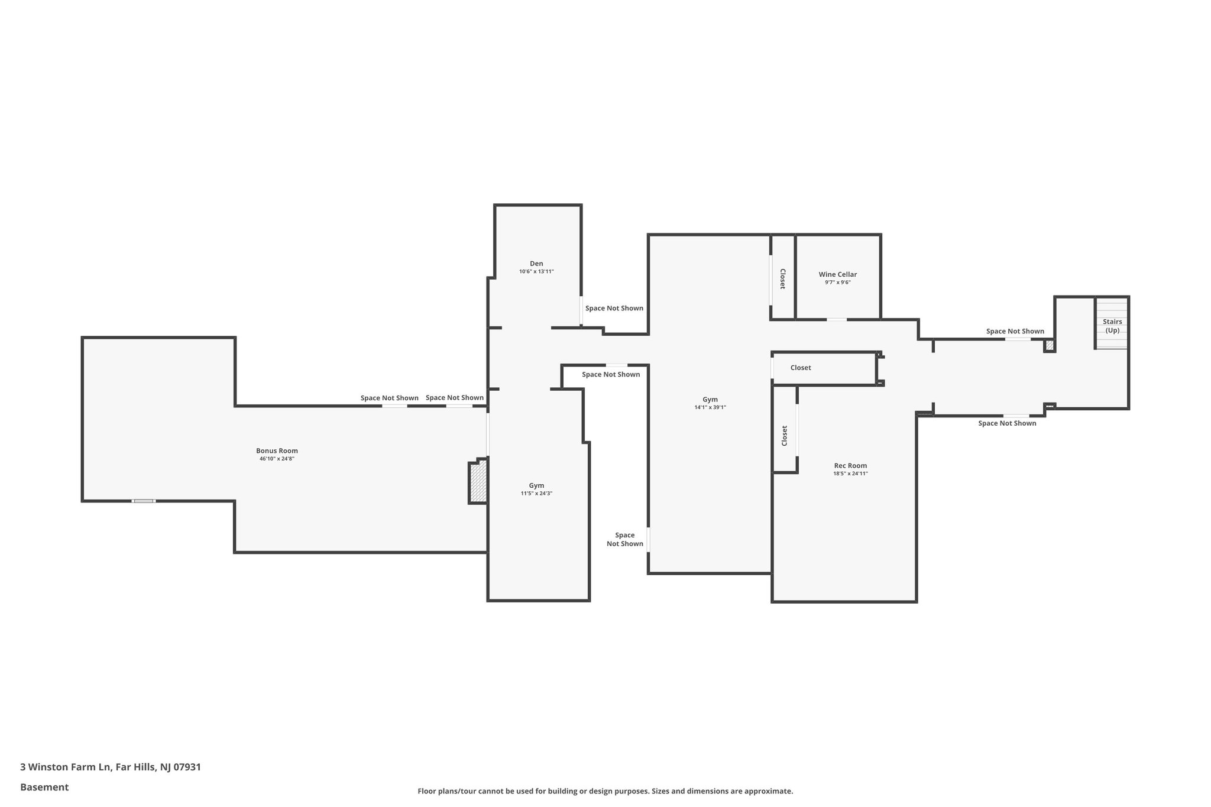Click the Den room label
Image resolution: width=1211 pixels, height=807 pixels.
click(x=536, y=264)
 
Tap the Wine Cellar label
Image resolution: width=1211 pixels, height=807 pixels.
click(x=837, y=274)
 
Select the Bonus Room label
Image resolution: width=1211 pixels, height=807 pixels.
click(x=277, y=451)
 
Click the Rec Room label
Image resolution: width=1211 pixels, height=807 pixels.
click(x=850, y=465)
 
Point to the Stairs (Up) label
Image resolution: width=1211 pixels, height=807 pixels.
click(x=1112, y=326)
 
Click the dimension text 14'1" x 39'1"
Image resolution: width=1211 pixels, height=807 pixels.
click(x=710, y=407)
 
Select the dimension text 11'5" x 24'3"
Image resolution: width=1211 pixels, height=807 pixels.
click(x=536, y=493)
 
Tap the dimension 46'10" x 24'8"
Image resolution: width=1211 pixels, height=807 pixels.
click(x=277, y=459)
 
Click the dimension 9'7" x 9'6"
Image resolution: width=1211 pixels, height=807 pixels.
click(x=837, y=283)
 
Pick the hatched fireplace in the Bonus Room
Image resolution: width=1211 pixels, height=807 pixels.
click(x=478, y=482)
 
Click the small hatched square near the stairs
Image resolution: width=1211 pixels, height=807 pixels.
click(x=1050, y=345)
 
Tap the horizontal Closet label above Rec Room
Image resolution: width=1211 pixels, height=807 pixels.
click(x=801, y=368)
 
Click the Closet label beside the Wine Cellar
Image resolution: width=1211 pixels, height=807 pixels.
click(x=782, y=278)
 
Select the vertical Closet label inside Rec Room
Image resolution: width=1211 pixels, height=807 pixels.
click(x=785, y=436)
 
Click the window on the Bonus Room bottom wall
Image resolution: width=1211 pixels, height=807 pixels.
click(x=143, y=501)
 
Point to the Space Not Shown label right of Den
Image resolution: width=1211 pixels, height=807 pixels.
click(x=614, y=308)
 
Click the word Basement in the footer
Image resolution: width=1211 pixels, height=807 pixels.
click(x=44, y=787)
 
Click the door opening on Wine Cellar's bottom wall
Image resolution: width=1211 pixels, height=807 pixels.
click(x=836, y=320)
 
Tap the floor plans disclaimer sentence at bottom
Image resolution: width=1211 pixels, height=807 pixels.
click(x=605, y=791)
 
